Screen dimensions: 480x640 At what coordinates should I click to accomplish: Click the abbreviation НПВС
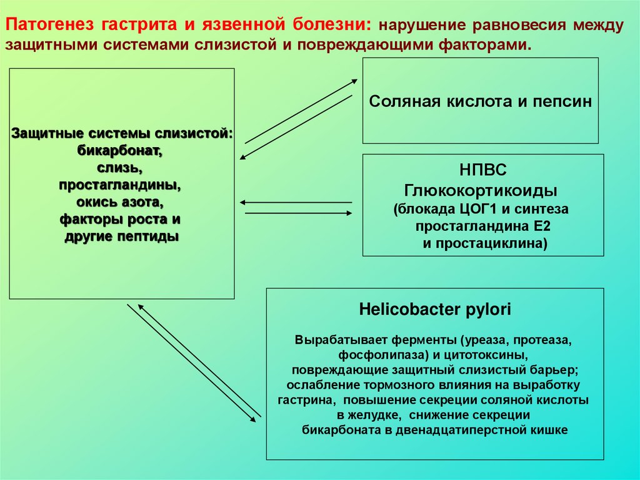click(x=483, y=171)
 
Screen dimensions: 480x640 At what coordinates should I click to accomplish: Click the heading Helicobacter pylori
click(x=435, y=309)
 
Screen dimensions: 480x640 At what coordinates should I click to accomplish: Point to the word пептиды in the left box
click(x=151, y=237)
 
